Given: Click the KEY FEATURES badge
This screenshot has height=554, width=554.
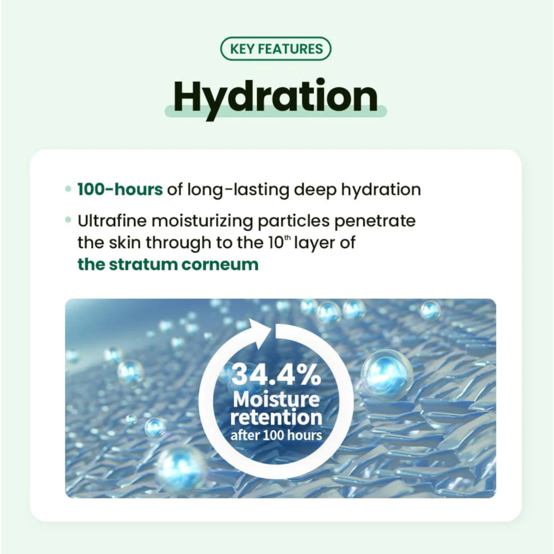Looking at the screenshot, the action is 275,49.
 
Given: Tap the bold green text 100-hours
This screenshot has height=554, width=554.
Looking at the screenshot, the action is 120,189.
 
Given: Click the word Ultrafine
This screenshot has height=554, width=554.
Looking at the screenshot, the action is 112,221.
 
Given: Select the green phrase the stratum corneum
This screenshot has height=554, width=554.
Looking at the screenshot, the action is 168,265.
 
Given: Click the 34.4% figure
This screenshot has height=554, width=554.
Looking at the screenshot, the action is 276,374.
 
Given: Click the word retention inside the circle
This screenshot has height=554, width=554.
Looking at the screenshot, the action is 276,417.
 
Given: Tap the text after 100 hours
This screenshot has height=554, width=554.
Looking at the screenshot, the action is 276,436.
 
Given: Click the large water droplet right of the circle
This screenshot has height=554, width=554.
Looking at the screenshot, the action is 387,375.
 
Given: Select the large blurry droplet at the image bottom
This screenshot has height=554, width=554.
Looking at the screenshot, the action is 180,467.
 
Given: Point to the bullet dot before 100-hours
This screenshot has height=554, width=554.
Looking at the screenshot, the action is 68,189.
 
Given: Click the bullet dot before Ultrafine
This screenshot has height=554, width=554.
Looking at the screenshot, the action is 68,221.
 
